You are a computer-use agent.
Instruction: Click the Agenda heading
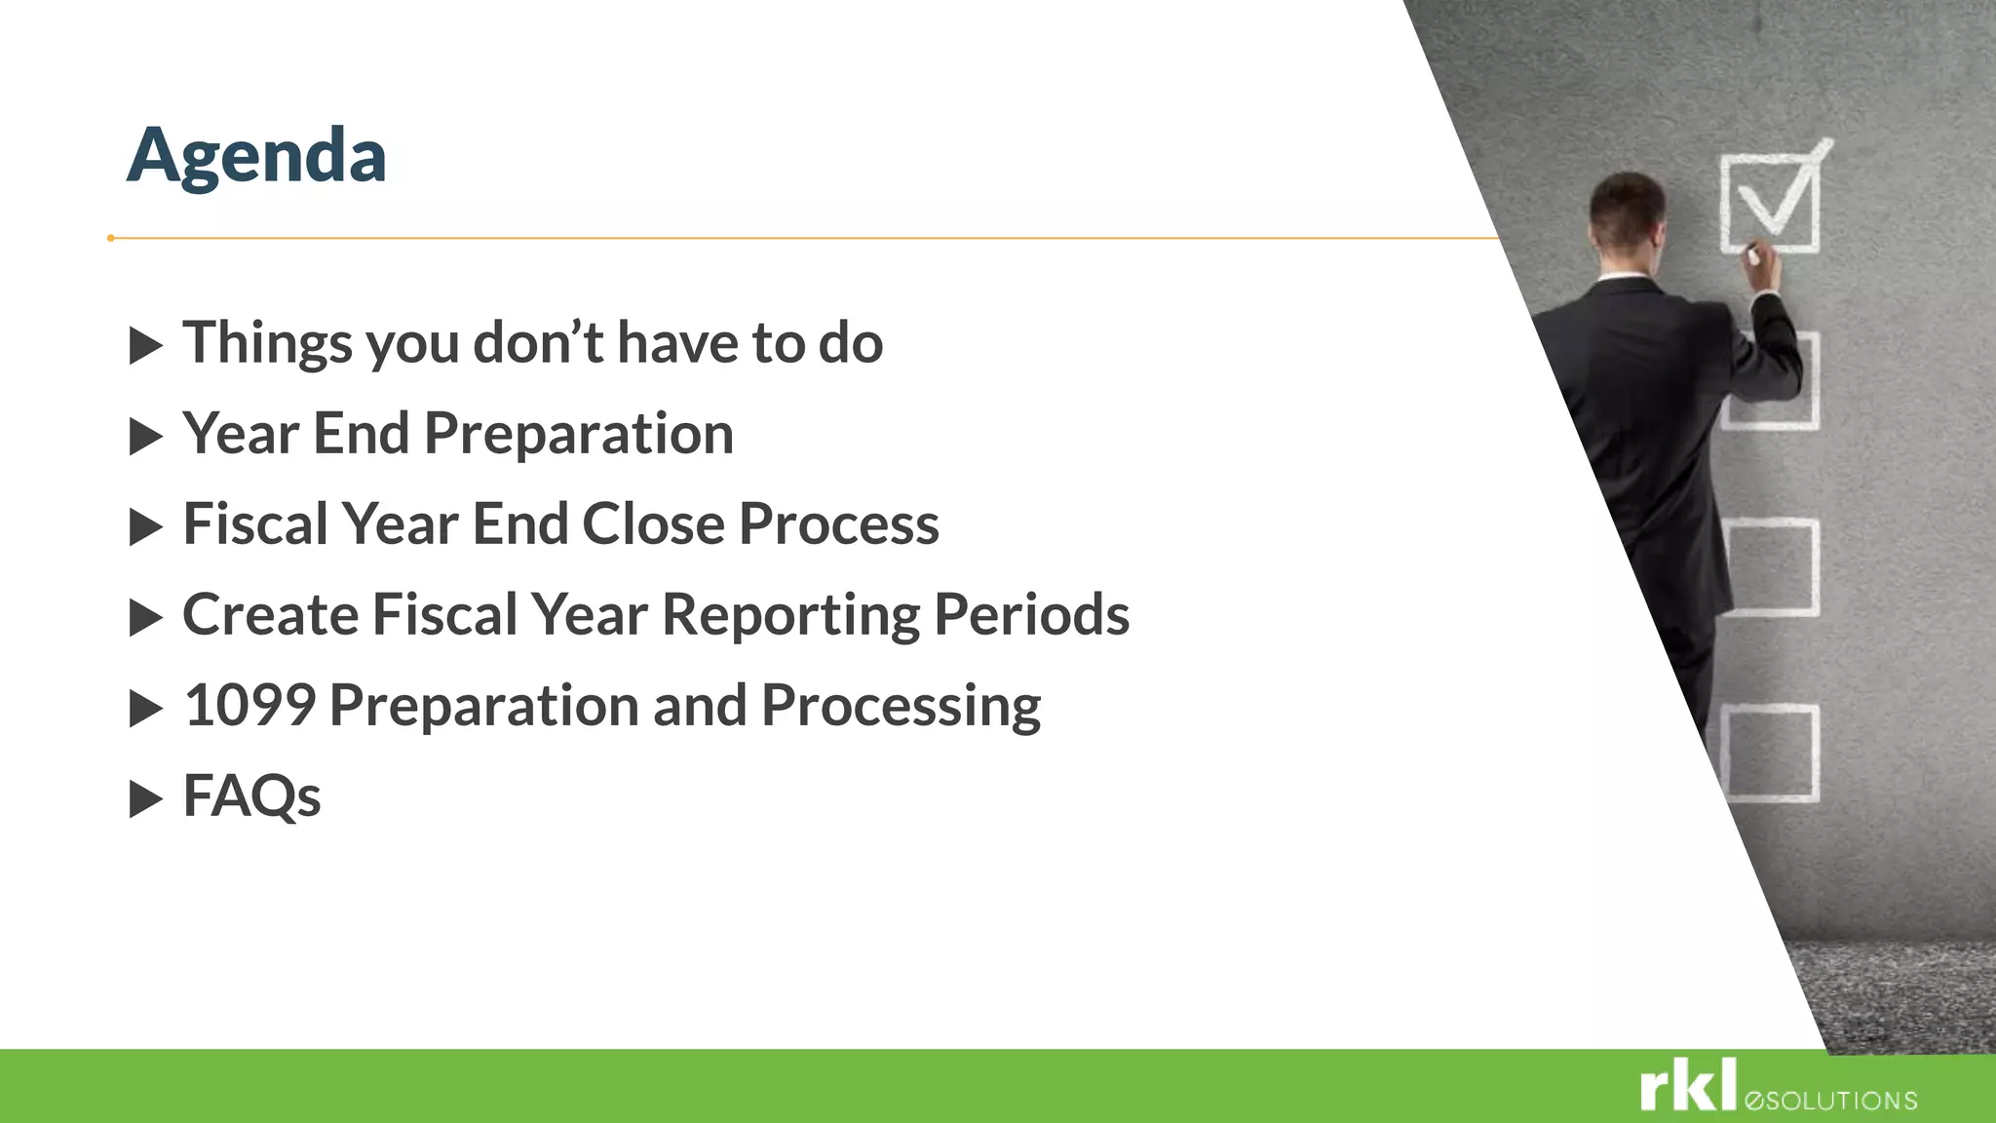click(x=256, y=156)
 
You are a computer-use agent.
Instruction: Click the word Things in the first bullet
click(x=267, y=344)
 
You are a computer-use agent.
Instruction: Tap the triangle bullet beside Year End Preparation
click(x=145, y=437)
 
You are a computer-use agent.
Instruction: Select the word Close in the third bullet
click(x=653, y=524)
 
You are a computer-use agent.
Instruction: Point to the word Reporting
click(x=789, y=616)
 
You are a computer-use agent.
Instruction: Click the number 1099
click(x=249, y=706)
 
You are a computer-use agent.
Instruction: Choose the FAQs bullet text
click(x=251, y=796)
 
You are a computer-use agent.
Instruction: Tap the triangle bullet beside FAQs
click(x=145, y=799)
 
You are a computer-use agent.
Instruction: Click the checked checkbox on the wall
click(x=1770, y=203)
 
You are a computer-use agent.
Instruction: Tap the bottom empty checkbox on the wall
click(x=1770, y=754)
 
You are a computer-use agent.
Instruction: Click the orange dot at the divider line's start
click(x=111, y=238)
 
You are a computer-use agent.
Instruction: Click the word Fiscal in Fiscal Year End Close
click(x=255, y=524)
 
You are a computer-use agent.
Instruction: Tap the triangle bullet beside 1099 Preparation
click(x=145, y=709)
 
